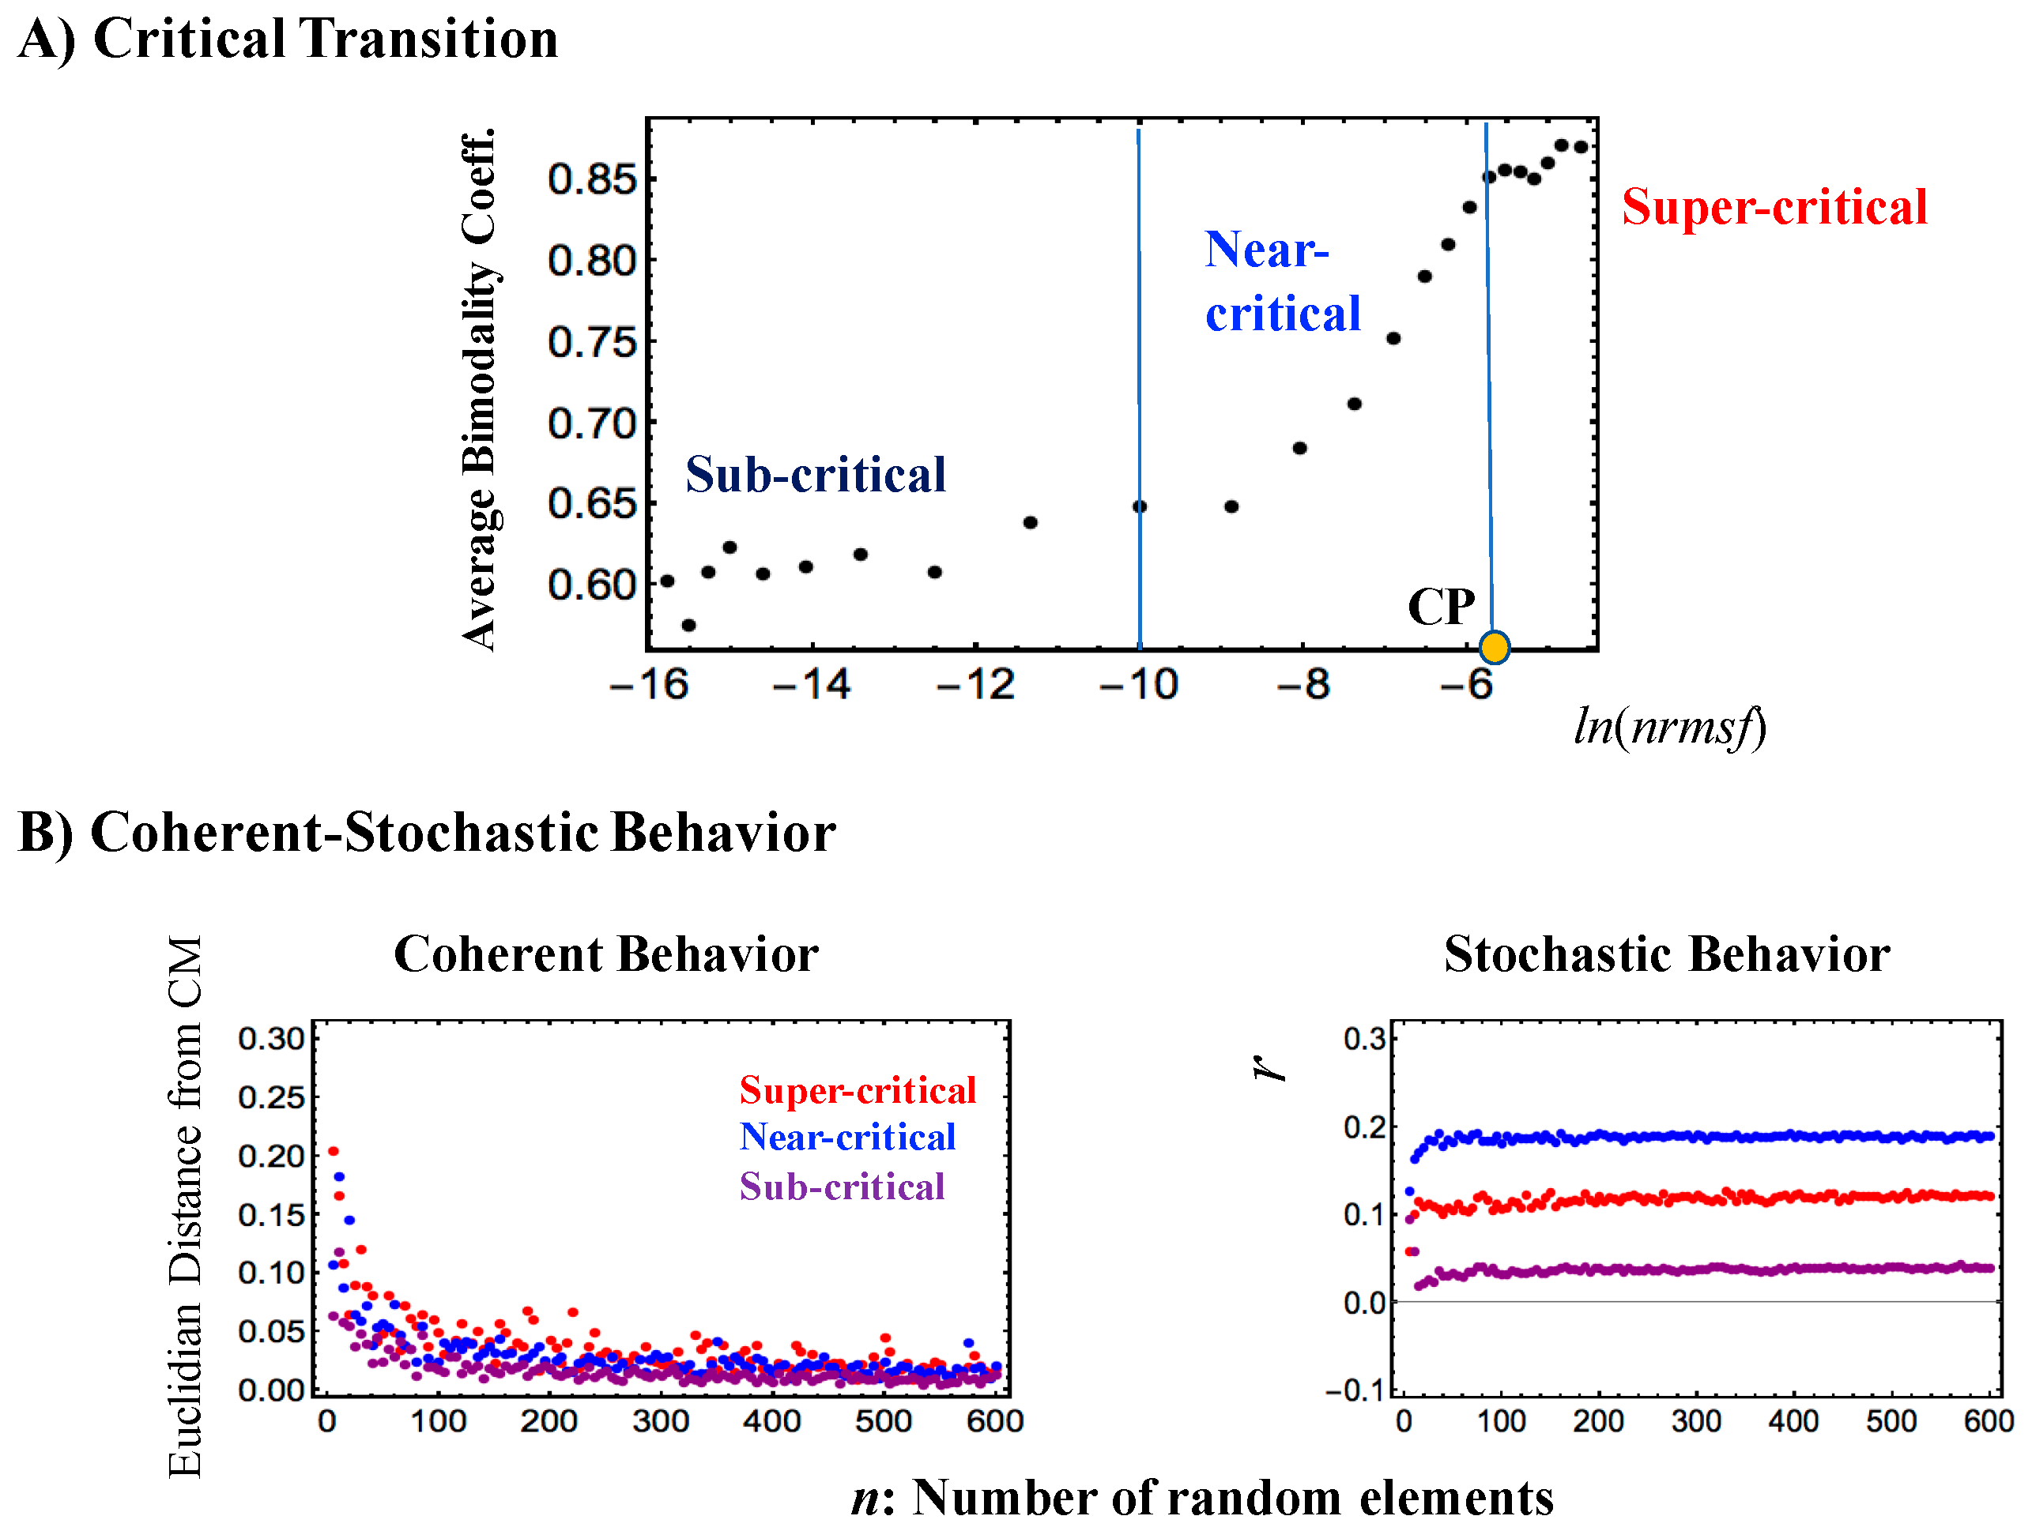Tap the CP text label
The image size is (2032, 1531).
click(1440, 607)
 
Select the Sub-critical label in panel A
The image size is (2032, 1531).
click(815, 475)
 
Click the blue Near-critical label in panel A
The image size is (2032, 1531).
click(1281, 282)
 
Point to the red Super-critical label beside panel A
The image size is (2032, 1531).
click(1774, 207)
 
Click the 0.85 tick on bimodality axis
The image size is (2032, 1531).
click(592, 179)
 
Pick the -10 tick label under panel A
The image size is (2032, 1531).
click(1138, 685)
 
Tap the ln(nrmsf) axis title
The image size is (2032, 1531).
click(1669, 728)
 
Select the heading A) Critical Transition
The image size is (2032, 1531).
click(288, 39)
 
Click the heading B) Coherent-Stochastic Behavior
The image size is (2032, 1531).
click(426, 833)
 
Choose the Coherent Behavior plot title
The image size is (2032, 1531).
click(605, 954)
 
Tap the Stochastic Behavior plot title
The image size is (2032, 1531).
click(1666, 954)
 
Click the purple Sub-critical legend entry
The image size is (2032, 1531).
click(842, 1187)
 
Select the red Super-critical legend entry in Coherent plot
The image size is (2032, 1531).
click(857, 1090)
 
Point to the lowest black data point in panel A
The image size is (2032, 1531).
click(688, 626)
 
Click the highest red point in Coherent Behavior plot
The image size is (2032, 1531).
click(334, 1151)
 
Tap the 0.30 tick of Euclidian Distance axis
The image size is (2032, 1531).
click(270, 1039)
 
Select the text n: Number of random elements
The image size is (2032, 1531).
click(1201, 1498)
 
